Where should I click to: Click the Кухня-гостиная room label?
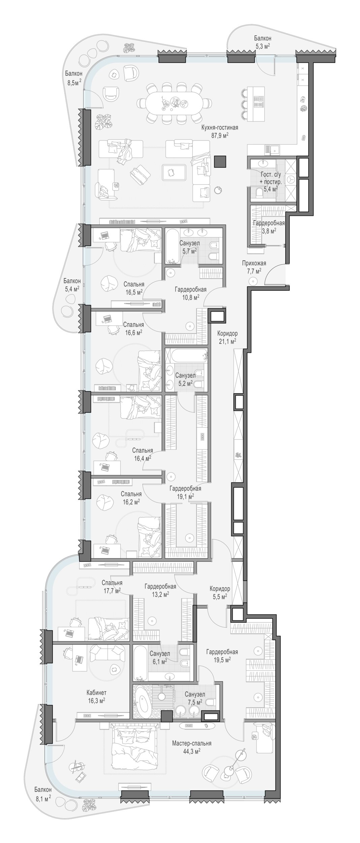click(219, 127)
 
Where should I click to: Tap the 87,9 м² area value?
click(220, 135)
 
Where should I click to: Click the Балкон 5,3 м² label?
click(262, 42)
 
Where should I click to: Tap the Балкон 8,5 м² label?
click(73, 78)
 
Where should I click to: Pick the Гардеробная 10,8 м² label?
click(190, 293)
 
